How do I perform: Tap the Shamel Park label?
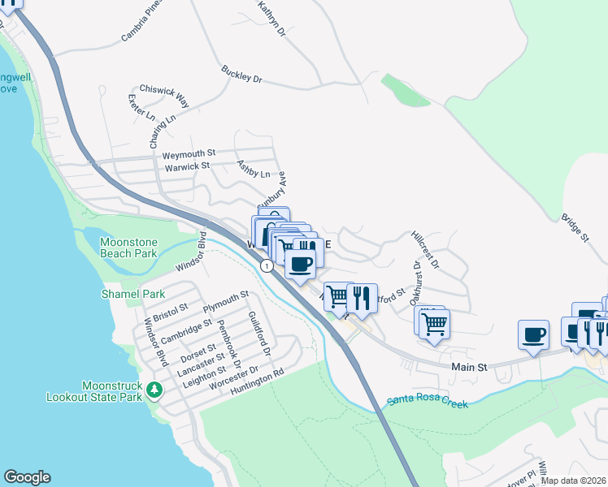coord(133,294)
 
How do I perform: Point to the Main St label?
coord(469,367)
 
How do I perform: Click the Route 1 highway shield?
coord(266,265)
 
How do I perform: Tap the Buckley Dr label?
coord(241,75)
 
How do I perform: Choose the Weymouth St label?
coord(189,153)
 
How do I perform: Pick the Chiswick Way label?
coord(164,95)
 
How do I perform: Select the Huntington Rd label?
coord(255,373)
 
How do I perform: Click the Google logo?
coord(27,477)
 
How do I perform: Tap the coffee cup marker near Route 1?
coord(301,263)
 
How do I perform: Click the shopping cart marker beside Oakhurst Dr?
coord(435,323)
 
